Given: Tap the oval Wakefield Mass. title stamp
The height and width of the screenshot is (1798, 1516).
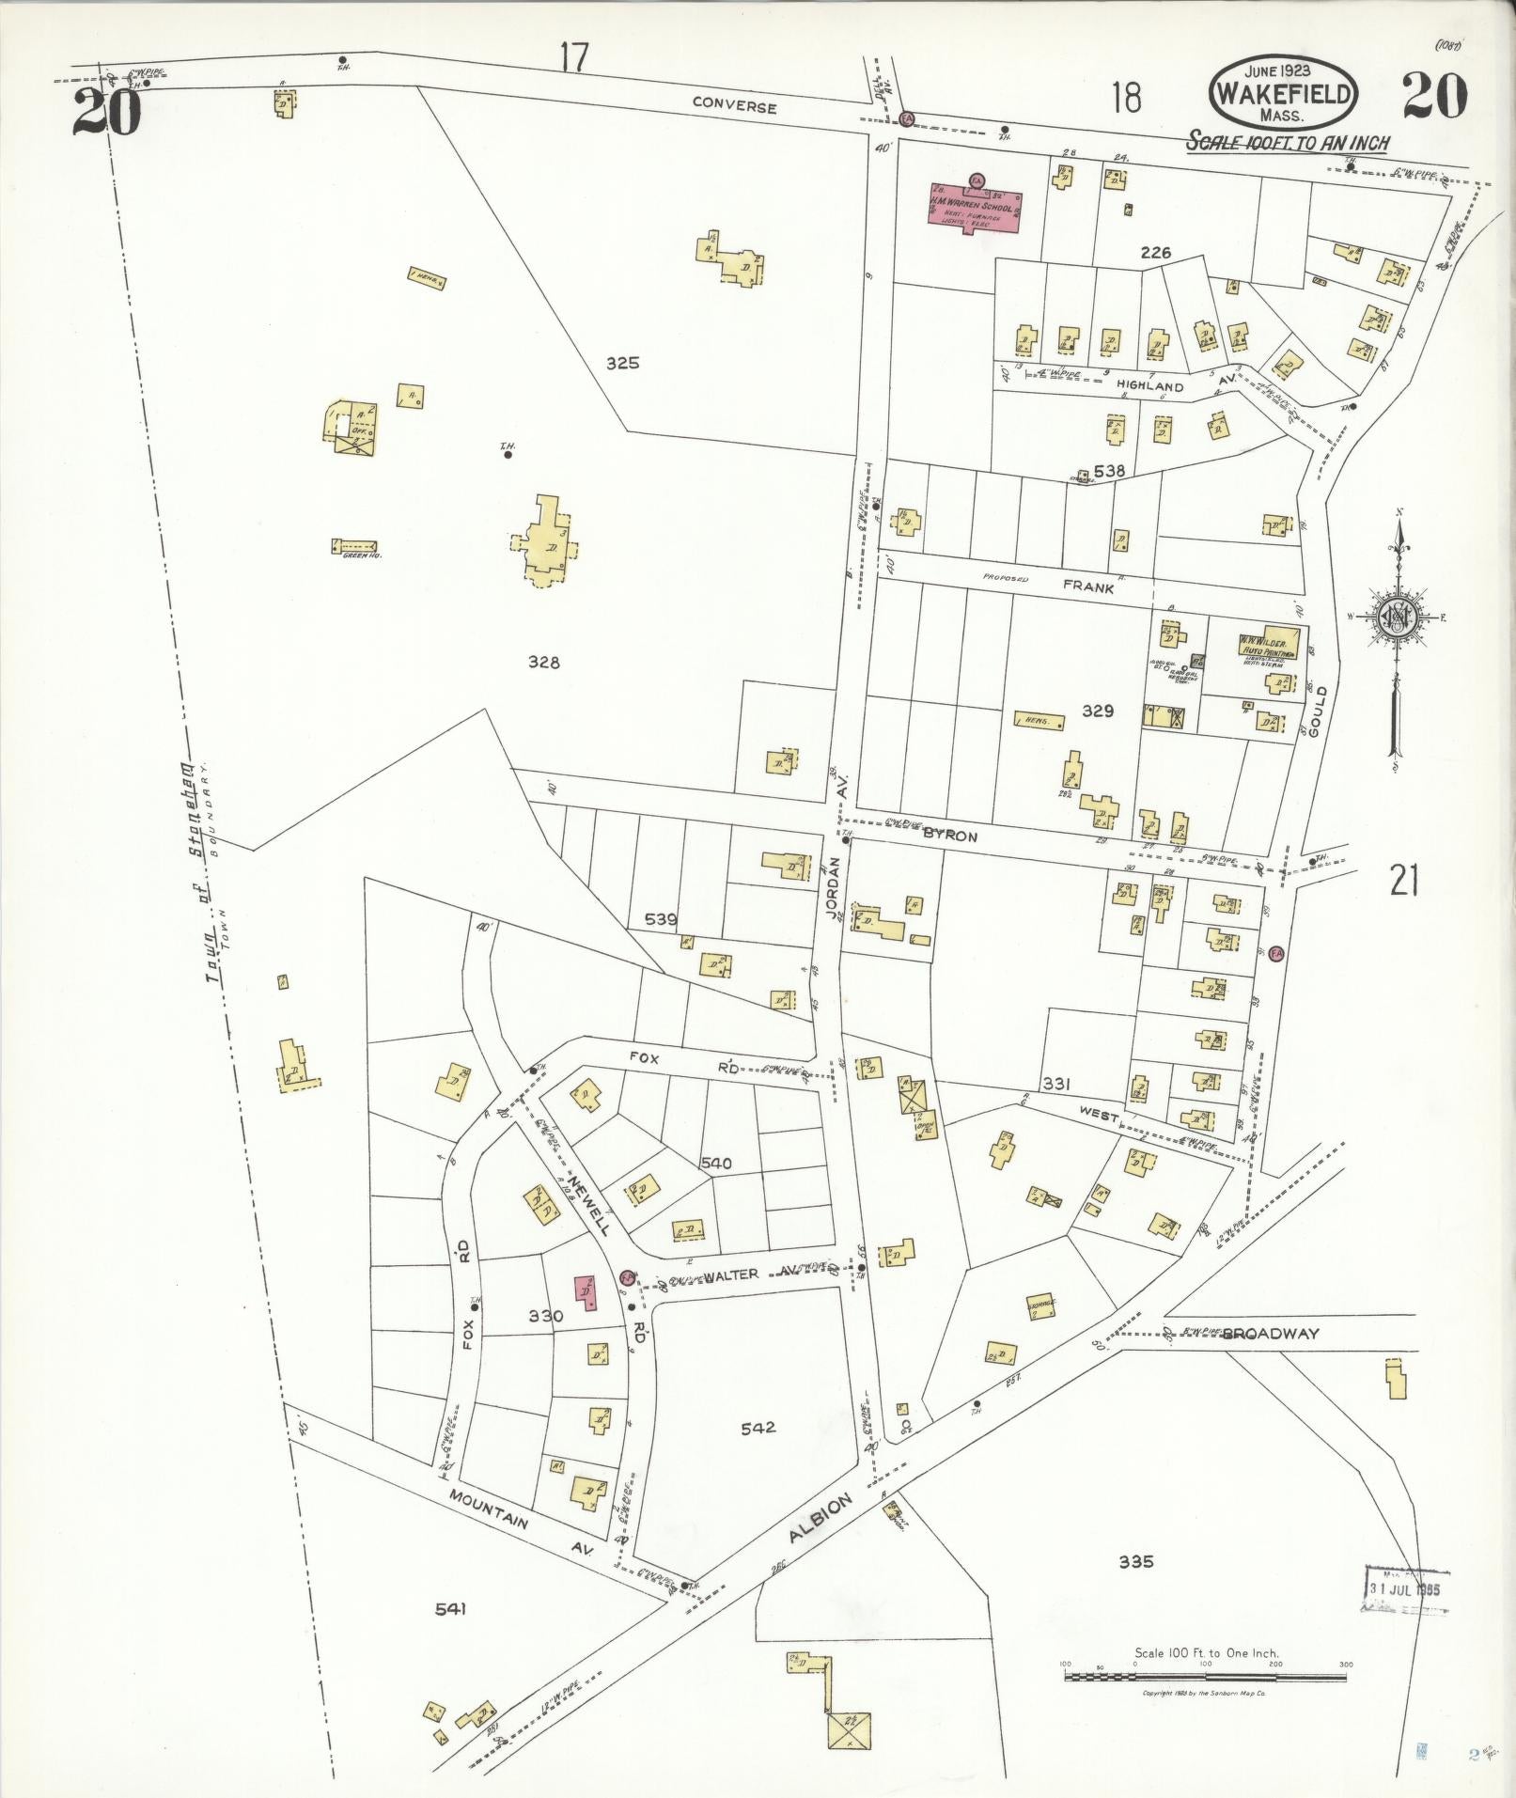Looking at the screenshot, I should pos(1284,94).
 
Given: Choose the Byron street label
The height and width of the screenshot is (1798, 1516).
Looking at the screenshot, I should pos(949,835).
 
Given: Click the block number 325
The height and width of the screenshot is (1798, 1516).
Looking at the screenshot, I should pos(622,363).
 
